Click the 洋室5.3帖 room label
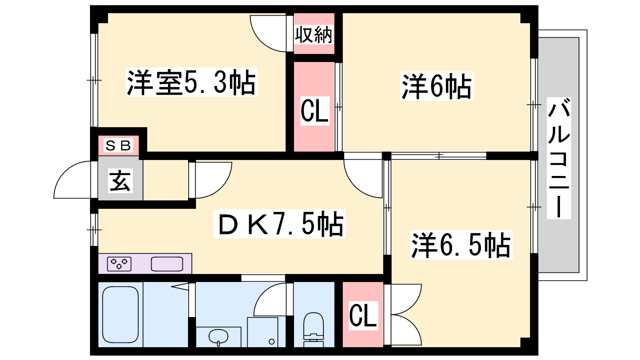coord(192,82)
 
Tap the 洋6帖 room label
coord(436,86)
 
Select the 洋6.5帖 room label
coord(461,245)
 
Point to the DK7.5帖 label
coord(280,224)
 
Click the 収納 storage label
coord(314,35)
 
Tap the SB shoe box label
coord(118,146)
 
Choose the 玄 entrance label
coord(120,180)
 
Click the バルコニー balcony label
coord(559,158)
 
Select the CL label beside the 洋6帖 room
coord(314,111)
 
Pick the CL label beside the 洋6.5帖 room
coord(363,316)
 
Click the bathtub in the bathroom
coord(120,314)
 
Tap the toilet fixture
coord(314,330)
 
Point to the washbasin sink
coord(218,337)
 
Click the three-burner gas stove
coord(119,264)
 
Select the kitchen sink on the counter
coord(167,264)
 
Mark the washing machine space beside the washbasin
coord(262,332)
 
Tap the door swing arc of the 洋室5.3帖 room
coord(262,40)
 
